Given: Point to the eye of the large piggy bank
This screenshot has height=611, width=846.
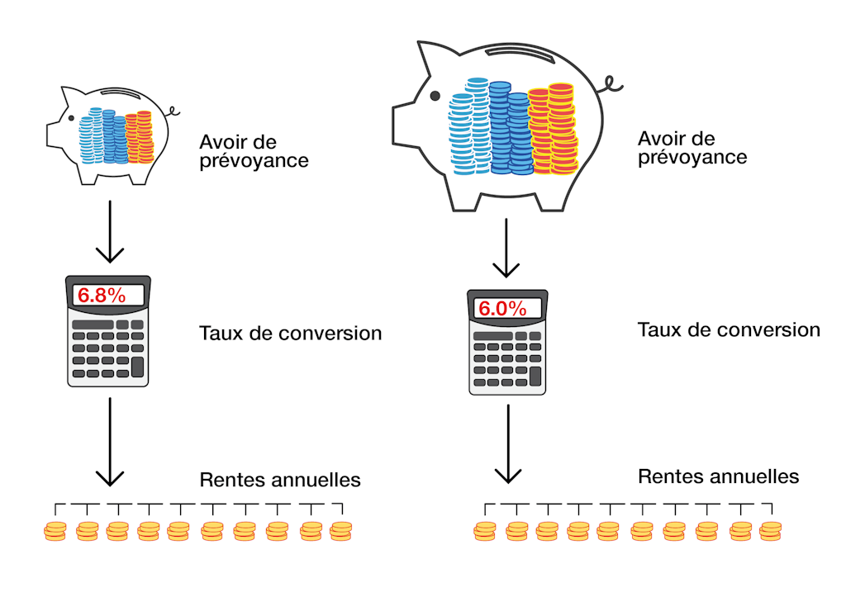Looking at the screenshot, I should tap(434, 96).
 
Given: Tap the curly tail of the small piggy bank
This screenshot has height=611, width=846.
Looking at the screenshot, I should tap(171, 110).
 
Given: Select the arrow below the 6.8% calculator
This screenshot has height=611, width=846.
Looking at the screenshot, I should tap(110, 442).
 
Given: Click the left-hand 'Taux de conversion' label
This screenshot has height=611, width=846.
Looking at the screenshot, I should tap(290, 334).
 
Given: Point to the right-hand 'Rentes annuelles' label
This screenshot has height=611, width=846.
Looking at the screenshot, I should tap(718, 476).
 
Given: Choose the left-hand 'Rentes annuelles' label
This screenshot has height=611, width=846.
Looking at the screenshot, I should tap(280, 480).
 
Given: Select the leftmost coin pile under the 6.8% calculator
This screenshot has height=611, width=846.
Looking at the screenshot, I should tap(55, 531).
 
